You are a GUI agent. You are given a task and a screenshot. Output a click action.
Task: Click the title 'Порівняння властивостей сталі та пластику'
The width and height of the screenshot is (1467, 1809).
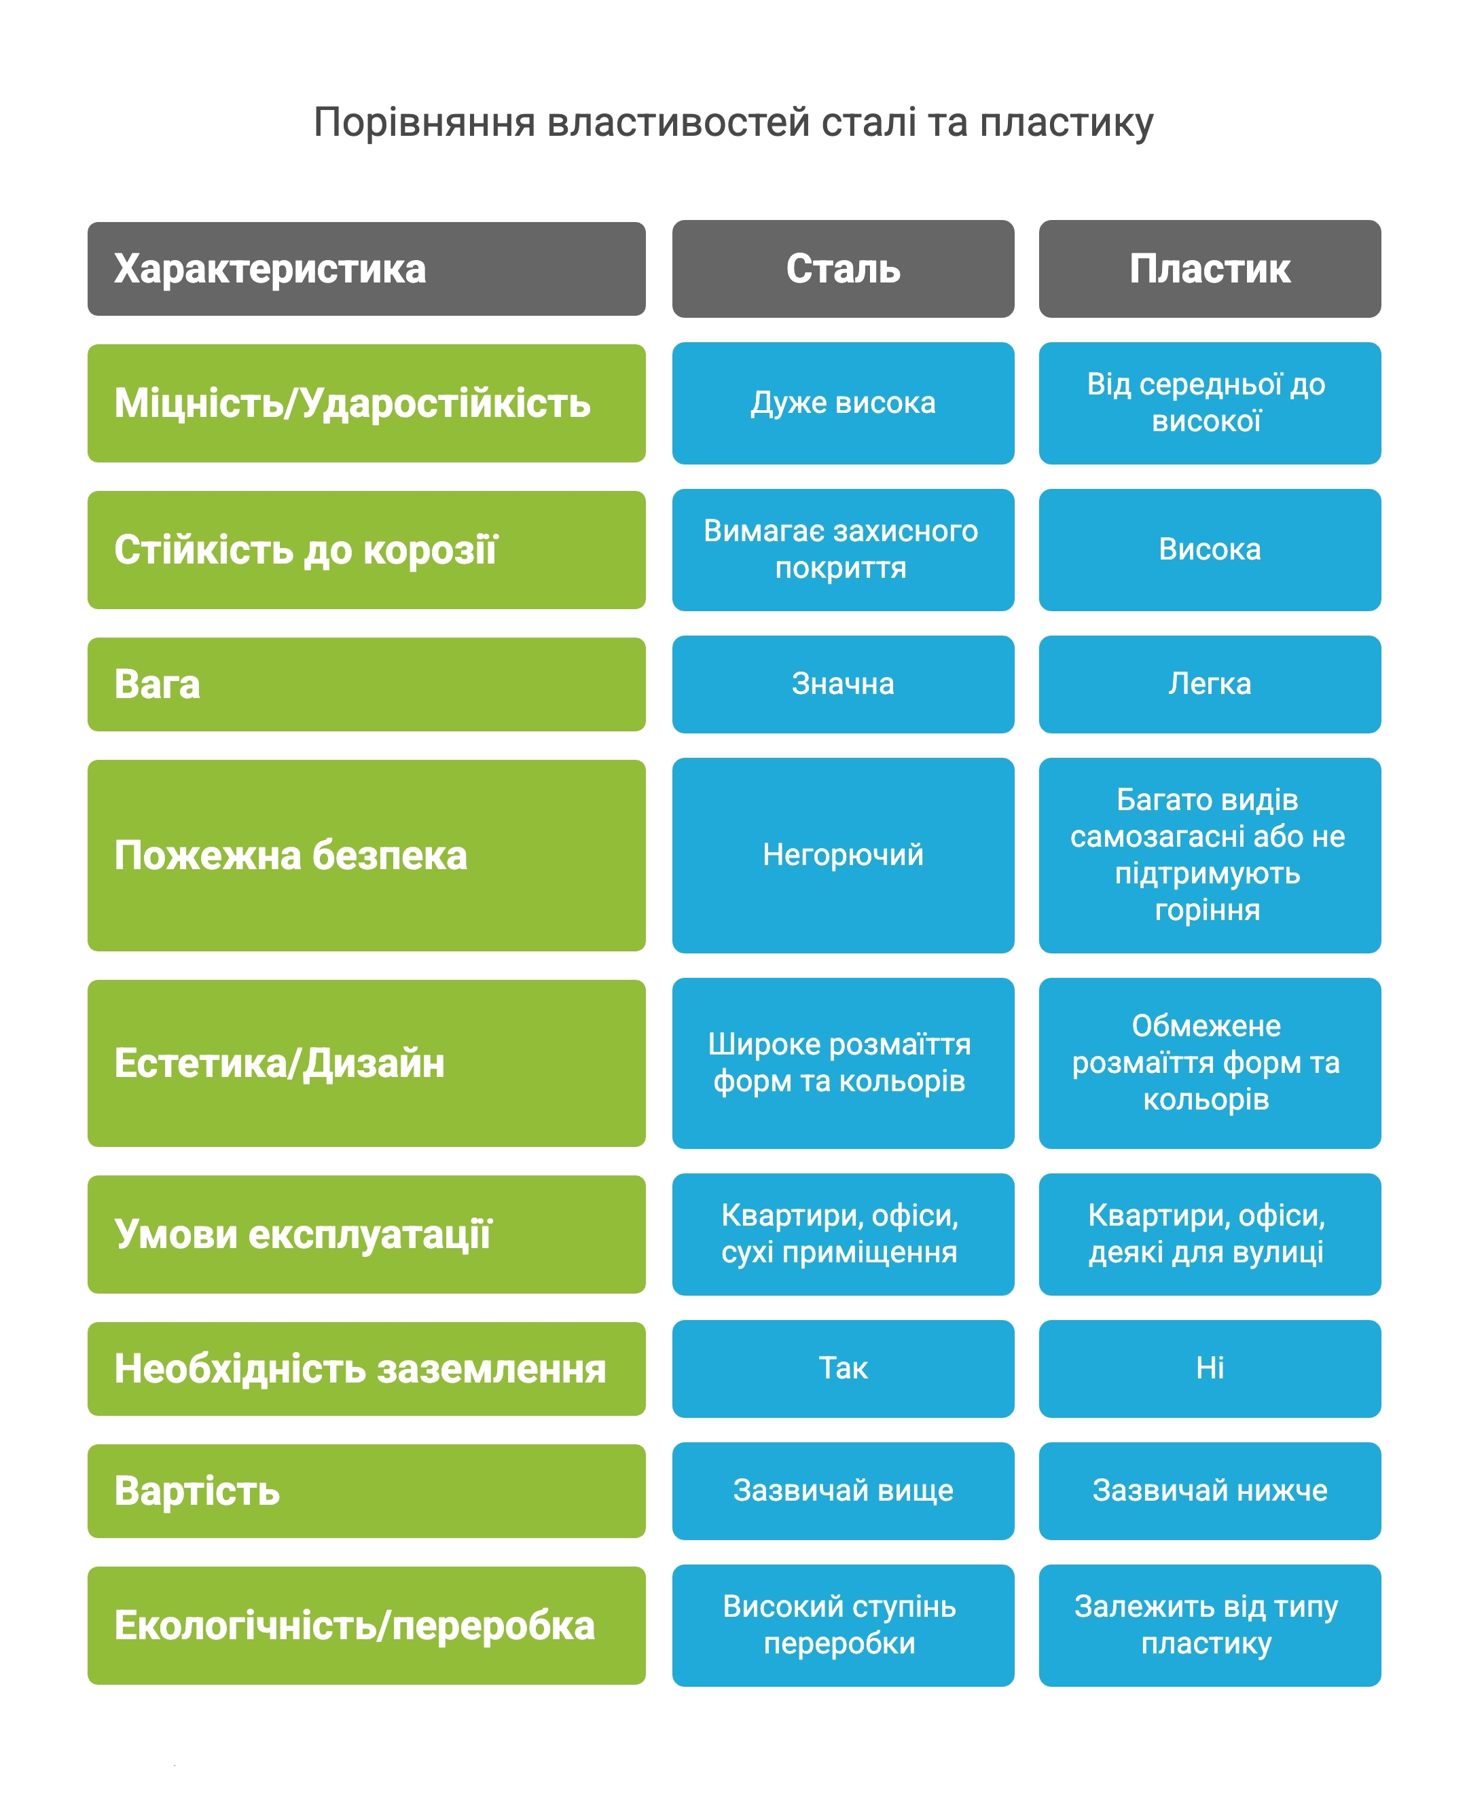click(x=733, y=122)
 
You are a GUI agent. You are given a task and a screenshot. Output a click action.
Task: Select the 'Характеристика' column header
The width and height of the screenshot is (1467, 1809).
click(x=366, y=269)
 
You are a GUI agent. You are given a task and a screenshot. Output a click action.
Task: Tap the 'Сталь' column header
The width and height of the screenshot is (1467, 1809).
click(x=843, y=269)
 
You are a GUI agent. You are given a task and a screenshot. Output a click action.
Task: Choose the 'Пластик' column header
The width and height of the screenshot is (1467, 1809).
click(x=1210, y=269)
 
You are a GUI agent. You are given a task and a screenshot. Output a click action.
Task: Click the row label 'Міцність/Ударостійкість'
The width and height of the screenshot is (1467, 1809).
click(x=366, y=403)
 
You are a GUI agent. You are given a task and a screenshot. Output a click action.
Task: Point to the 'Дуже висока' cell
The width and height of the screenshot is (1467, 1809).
click(x=843, y=403)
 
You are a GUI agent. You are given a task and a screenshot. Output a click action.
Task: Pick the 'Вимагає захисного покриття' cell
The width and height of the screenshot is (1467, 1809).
click(x=843, y=549)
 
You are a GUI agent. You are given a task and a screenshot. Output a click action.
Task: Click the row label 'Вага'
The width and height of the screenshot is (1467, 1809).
click(x=366, y=684)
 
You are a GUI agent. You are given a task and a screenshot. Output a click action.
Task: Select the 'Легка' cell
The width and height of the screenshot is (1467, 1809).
click(x=1210, y=684)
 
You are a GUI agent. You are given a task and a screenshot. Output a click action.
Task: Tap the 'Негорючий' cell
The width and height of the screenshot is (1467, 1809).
click(x=843, y=854)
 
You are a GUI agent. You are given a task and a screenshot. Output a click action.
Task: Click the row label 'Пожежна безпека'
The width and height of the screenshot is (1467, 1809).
click(x=366, y=855)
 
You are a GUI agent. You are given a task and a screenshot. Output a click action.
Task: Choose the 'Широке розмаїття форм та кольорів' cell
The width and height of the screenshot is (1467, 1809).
click(x=843, y=1062)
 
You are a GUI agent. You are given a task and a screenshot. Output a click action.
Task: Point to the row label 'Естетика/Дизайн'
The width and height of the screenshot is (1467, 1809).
click(x=366, y=1062)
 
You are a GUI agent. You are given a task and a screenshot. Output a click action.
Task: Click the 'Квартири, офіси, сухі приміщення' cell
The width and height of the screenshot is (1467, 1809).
click(x=843, y=1234)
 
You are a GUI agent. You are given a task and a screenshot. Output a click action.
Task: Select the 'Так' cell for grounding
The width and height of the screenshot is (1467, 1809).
click(x=843, y=1368)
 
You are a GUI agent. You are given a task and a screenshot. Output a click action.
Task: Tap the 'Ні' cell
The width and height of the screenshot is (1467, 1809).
click(x=1210, y=1368)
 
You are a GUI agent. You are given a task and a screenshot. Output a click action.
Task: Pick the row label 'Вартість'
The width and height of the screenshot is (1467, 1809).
click(x=366, y=1491)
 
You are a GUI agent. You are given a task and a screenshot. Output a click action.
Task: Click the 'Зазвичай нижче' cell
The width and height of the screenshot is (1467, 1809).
click(x=1210, y=1491)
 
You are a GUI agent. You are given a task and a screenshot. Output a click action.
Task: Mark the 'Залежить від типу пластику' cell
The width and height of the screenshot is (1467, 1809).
click(x=1210, y=1625)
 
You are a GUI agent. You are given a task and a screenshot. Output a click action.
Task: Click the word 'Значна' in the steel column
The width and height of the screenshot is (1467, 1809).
click(x=843, y=684)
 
